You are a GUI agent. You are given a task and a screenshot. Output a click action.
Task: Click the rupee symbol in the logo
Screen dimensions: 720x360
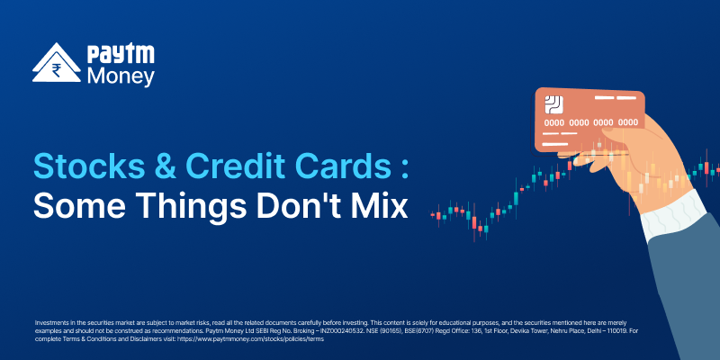click(x=58, y=70)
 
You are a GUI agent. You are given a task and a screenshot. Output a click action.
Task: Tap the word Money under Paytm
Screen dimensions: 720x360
click(x=121, y=76)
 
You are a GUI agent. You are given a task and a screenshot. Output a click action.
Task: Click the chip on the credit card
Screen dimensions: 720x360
click(x=553, y=105)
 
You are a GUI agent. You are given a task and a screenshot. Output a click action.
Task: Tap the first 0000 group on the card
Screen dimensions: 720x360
click(x=554, y=122)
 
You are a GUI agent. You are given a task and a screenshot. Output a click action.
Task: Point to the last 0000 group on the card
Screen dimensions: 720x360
click(x=627, y=122)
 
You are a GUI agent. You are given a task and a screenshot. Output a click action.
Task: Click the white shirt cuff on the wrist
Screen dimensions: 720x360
click(x=674, y=215)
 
